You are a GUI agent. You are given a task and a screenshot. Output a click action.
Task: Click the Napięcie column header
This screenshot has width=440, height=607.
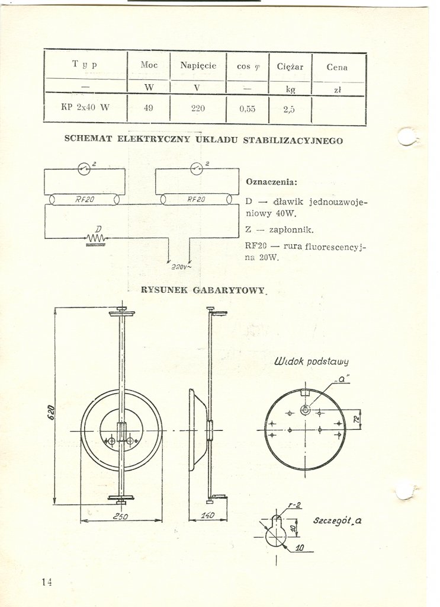pyautogui.click(x=198, y=66)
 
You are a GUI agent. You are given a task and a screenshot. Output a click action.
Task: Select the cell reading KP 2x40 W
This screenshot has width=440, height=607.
pyautogui.click(x=85, y=107)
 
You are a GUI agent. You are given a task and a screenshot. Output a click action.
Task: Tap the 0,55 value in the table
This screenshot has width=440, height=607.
pyautogui.click(x=248, y=109)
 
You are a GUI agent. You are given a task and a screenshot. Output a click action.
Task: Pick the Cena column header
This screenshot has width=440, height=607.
pyautogui.click(x=337, y=68)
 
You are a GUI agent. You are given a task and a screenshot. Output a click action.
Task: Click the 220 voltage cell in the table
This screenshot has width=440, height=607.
pyautogui.click(x=198, y=108)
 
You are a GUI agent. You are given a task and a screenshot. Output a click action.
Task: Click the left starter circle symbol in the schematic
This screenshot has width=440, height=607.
pyautogui.click(x=84, y=168)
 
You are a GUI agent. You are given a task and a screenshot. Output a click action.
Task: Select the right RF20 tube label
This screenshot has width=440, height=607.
pyautogui.click(x=196, y=199)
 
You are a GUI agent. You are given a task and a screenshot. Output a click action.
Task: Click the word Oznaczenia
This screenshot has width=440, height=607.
pyautogui.click(x=271, y=182)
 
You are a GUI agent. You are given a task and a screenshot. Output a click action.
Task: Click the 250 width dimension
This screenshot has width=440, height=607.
pyautogui.click(x=120, y=516)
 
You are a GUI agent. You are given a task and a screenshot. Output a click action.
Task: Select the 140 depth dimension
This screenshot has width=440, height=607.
pyautogui.click(x=207, y=515)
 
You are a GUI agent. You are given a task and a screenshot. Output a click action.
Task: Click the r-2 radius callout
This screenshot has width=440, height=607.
pyautogui.click(x=295, y=505)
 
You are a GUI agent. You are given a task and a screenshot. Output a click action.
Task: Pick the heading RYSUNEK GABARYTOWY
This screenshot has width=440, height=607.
pyautogui.click(x=203, y=290)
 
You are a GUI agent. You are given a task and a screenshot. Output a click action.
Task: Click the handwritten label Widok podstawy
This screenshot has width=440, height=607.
pyautogui.click(x=311, y=361)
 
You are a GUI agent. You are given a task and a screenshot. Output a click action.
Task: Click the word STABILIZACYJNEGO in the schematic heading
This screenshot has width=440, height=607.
pyautogui.click(x=293, y=140)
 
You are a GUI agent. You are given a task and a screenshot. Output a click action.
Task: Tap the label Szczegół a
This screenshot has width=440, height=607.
pyautogui.click(x=337, y=521)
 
